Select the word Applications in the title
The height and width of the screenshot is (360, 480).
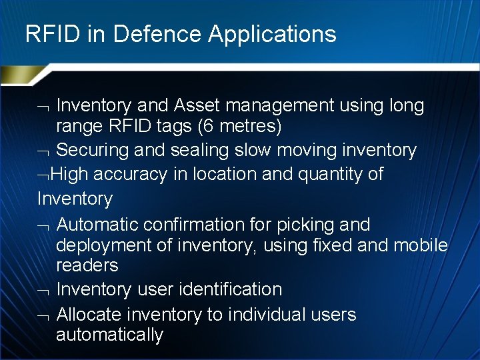click(272, 35)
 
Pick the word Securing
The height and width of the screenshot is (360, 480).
click(93, 151)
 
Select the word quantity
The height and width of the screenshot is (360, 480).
click(323, 175)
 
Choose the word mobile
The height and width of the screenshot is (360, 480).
click(421, 245)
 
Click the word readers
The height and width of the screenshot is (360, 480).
click(87, 265)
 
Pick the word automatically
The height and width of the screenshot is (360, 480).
click(109, 335)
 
